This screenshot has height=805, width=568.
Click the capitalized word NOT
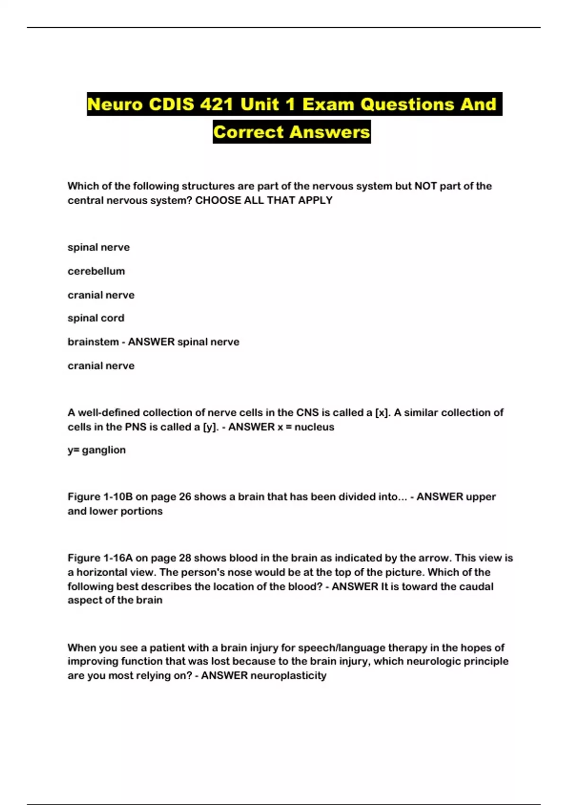[426, 186]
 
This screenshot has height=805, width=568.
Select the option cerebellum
[96, 271]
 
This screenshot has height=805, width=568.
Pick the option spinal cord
[96, 318]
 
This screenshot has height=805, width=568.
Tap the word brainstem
[93, 342]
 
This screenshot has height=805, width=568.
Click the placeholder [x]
[382, 413]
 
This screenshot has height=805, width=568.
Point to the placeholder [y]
[210, 427]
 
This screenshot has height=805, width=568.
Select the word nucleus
[314, 427]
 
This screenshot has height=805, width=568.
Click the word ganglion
[104, 450]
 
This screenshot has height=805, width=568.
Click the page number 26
[185, 497]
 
